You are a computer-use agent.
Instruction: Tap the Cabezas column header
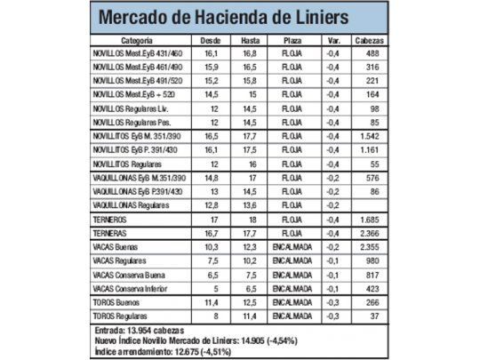[x=369, y=41]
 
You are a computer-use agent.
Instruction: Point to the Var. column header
[x=331, y=41]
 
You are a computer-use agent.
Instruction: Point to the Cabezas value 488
[x=371, y=54]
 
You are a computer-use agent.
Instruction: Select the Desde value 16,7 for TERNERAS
[x=211, y=232]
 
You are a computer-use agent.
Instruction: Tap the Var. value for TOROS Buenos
[x=331, y=302]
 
